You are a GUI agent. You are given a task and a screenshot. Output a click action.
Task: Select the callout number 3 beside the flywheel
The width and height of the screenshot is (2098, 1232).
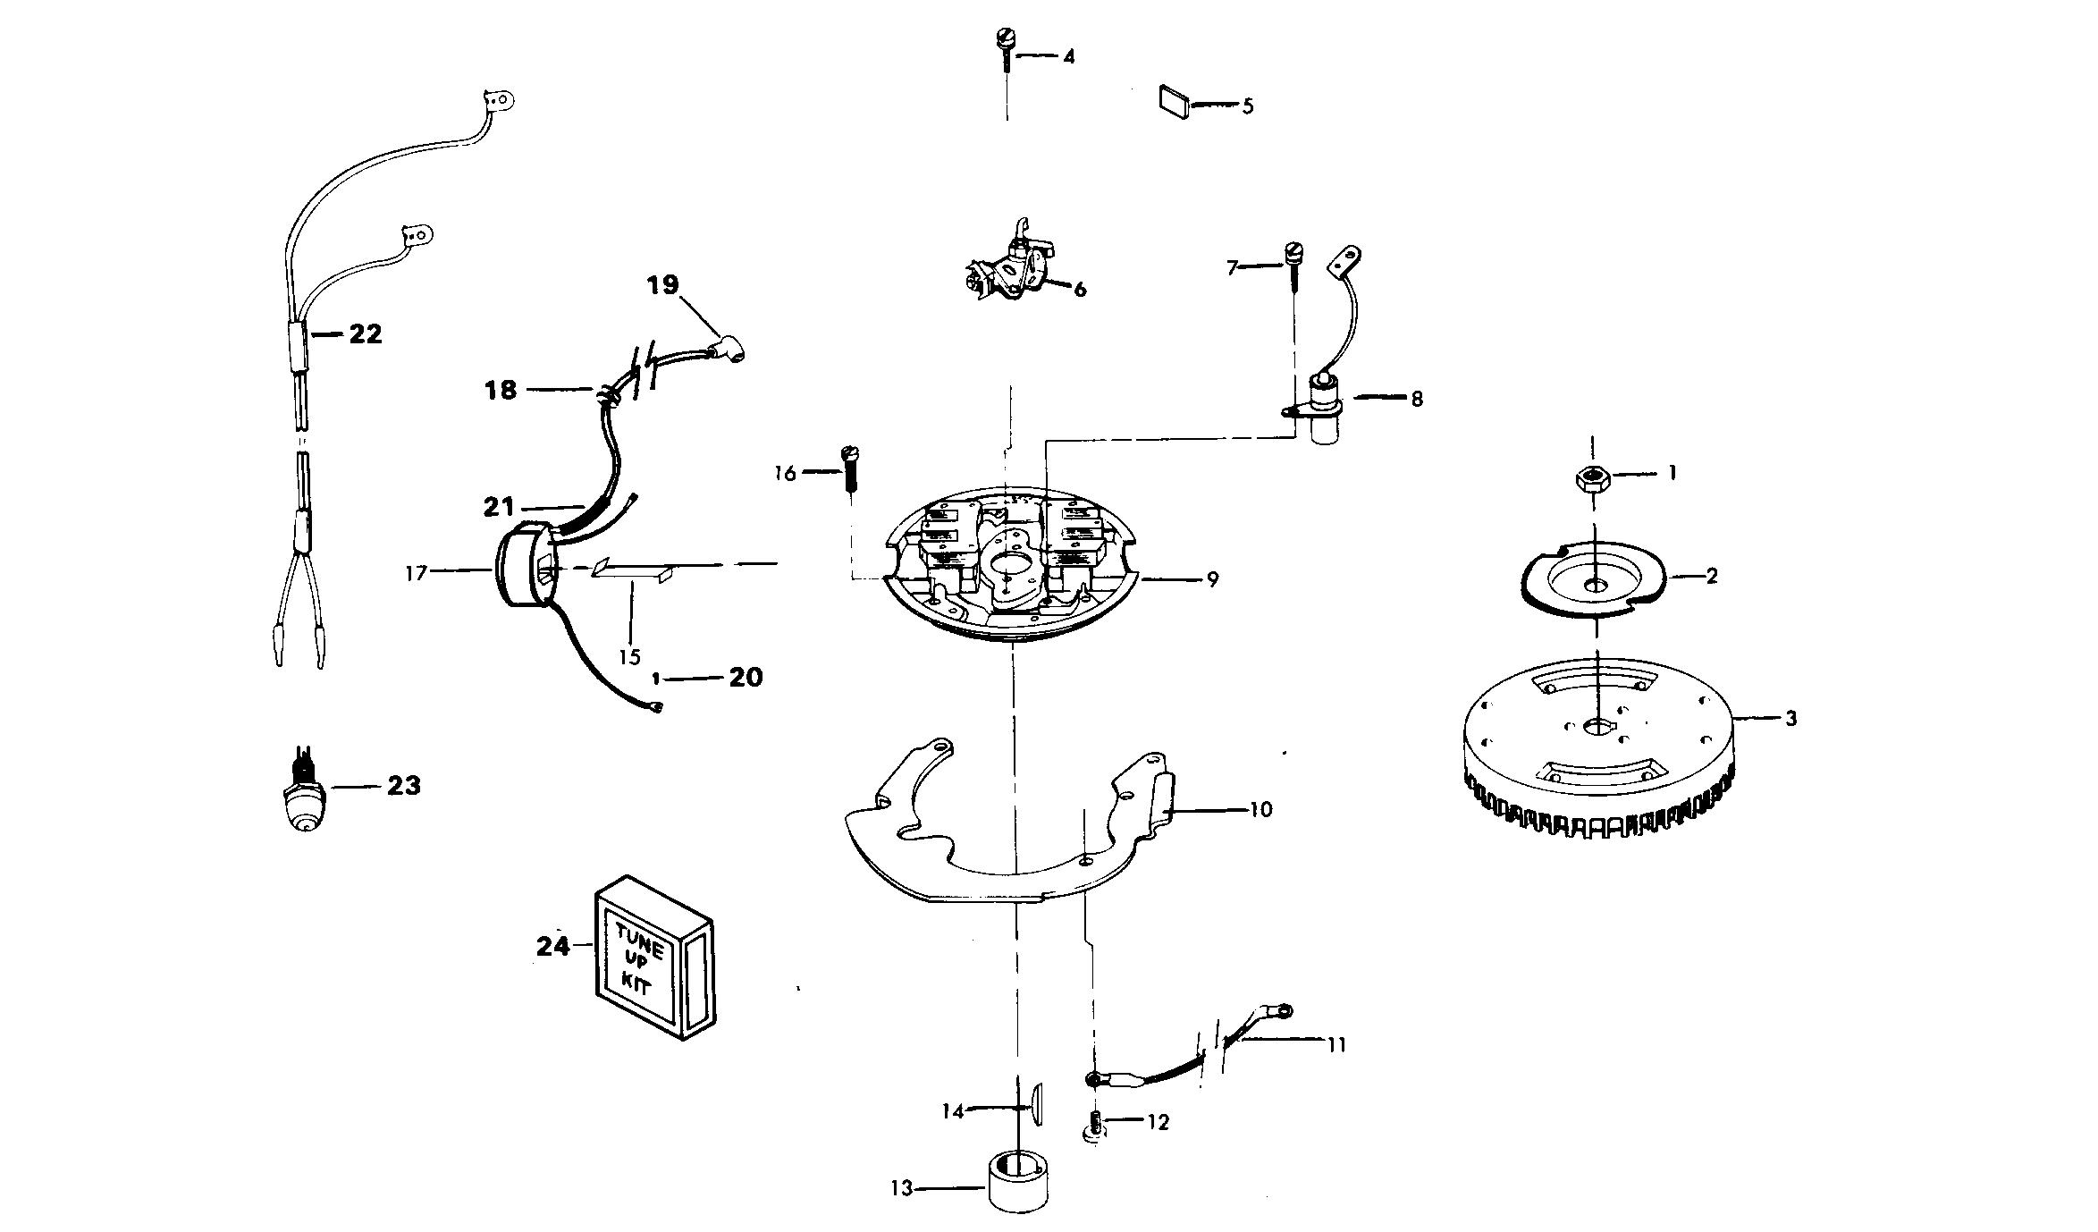1790,719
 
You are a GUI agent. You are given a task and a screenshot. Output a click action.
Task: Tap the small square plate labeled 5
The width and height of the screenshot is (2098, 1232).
1173,101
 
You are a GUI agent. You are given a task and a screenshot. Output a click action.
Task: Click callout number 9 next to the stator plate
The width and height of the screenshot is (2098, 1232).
1212,579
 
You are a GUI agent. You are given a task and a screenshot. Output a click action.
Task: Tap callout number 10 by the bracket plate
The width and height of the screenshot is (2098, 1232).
1260,810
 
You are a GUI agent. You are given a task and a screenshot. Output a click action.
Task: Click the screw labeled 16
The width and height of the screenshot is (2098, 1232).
849,468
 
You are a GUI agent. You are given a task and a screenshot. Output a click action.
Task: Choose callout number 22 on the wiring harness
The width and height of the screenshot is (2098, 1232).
365,334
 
